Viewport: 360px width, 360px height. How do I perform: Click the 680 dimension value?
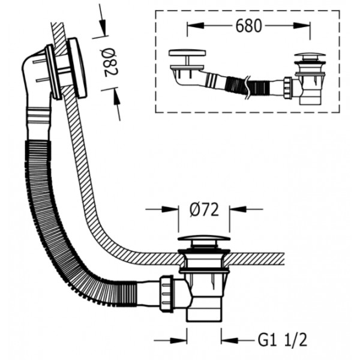click(x=248, y=25)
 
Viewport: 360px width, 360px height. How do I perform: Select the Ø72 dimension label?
click(x=204, y=209)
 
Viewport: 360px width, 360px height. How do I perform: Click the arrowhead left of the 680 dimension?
click(x=196, y=25)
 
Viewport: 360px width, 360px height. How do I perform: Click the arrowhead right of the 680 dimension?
click(x=301, y=25)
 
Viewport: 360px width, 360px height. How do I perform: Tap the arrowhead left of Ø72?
click(x=170, y=209)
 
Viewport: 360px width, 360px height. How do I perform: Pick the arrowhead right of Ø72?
click(x=238, y=209)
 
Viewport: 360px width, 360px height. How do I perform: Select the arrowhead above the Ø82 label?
click(x=103, y=28)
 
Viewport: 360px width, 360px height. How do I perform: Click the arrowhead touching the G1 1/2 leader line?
click(x=230, y=340)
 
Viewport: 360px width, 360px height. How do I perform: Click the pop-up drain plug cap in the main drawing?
click(x=204, y=238)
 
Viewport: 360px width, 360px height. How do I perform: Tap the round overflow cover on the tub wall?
click(x=77, y=68)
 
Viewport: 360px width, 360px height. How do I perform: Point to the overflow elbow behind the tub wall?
click(x=37, y=80)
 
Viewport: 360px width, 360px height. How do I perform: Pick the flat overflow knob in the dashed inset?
click(x=187, y=53)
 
